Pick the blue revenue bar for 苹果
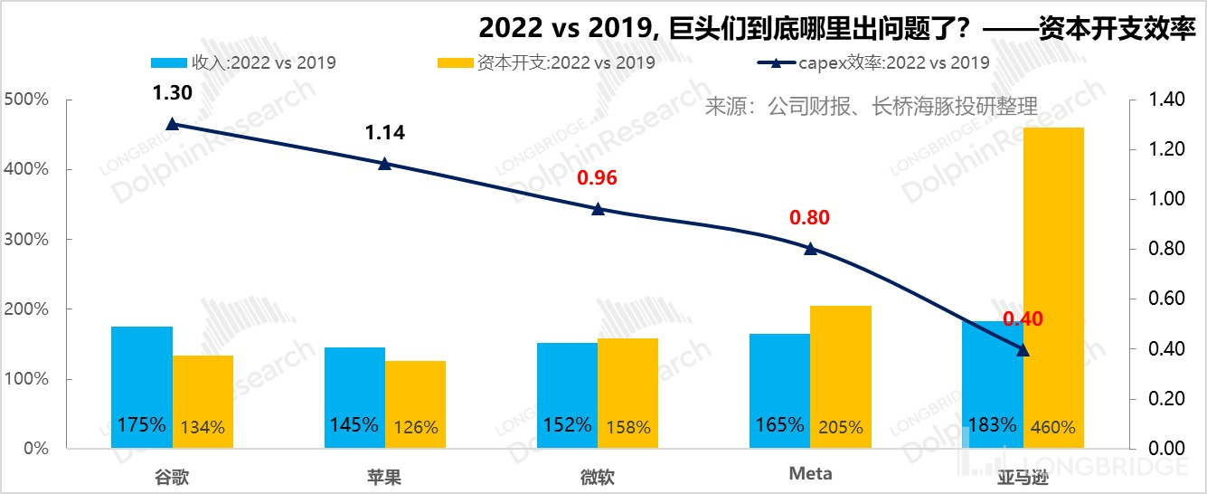(x=354, y=397)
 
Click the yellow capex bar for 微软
(x=628, y=393)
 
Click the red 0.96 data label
(x=597, y=177)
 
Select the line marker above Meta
(x=810, y=249)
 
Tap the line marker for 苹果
(x=384, y=164)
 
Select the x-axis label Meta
(x=810, y=474)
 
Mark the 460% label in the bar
(x=1053, y=427)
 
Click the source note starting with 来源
(x=871, y=107)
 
